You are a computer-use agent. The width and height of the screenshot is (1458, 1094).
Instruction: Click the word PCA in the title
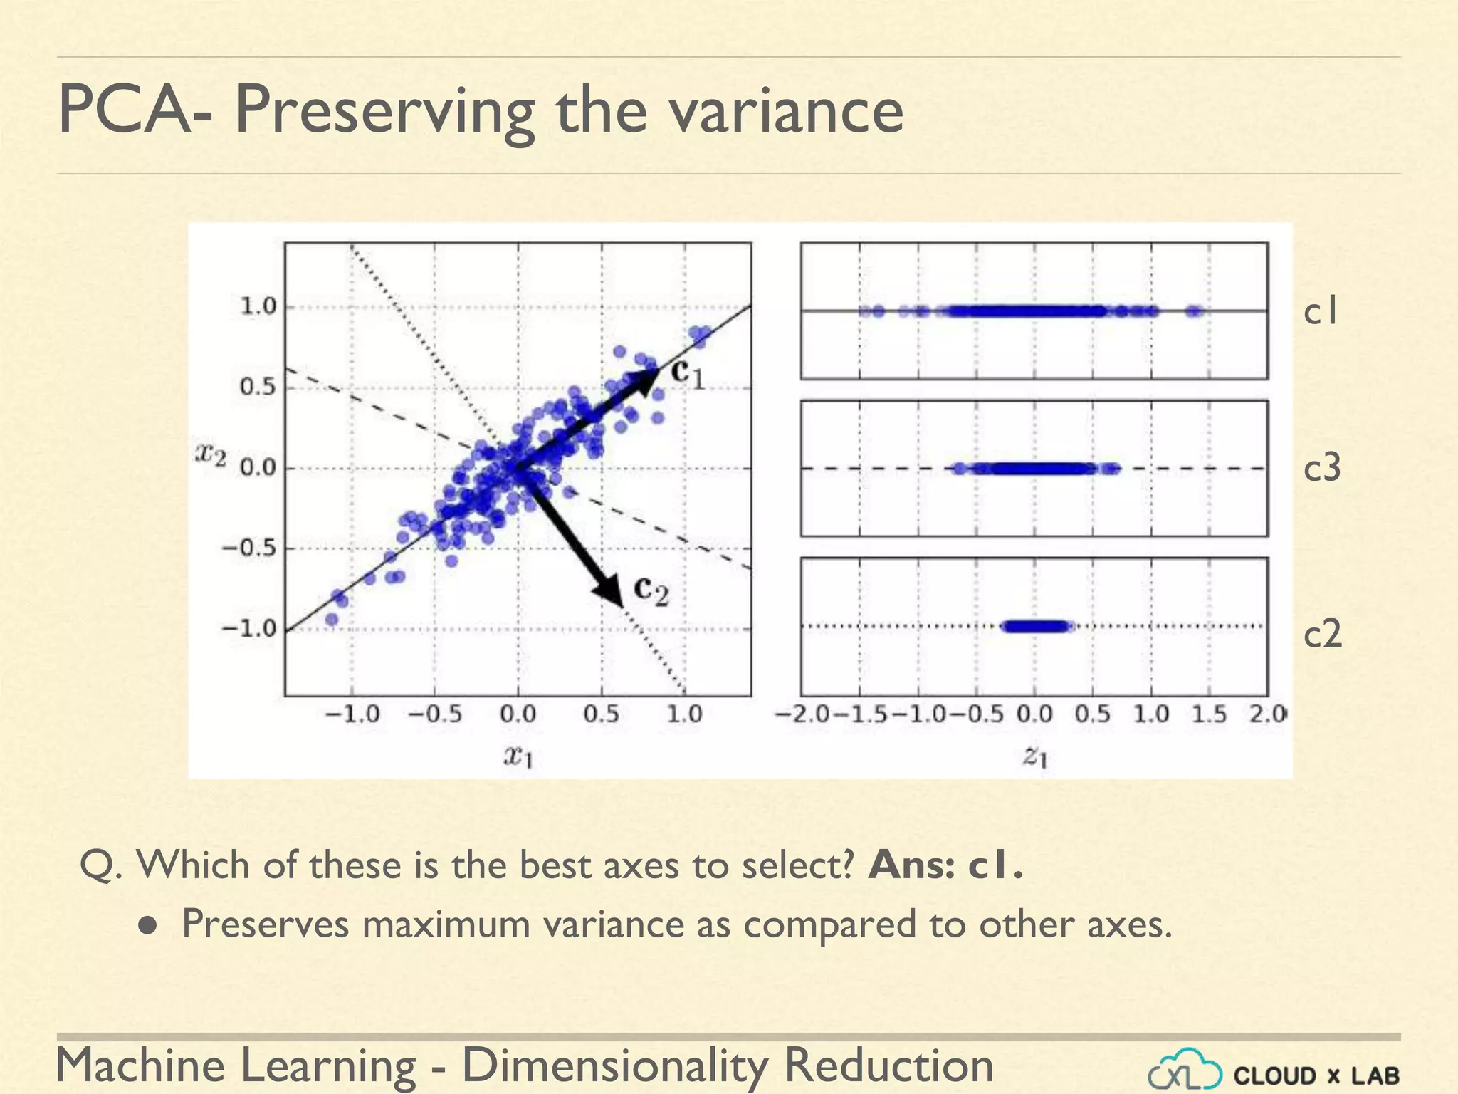pos(124,110)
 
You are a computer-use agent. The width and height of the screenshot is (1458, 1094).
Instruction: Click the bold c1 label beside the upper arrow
pos(688,373)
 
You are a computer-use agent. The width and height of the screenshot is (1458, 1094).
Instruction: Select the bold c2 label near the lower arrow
pos(651,590)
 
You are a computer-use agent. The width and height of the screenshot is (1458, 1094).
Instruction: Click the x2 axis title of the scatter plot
pos(211,454)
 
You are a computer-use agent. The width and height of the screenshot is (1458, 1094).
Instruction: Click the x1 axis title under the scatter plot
pos(518,756)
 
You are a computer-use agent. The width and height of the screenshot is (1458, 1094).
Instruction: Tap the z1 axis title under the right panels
pos(1034,756)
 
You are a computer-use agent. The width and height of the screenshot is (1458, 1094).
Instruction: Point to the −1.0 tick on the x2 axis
pos(248,629)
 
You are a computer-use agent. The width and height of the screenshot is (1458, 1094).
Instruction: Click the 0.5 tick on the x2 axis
pos(257,387)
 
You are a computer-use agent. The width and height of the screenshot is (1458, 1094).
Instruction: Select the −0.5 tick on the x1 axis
pos(434,714)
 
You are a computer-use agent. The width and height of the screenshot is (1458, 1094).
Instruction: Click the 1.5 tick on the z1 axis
pos(1210,714)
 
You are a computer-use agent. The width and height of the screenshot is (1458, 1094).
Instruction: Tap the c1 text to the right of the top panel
pos(1321,312)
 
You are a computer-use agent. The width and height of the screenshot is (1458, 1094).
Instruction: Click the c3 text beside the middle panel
pos(1322,469)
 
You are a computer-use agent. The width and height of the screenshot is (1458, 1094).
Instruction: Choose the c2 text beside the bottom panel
pos(1322,633)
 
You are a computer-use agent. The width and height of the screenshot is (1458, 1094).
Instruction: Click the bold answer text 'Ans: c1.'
pos(945,865)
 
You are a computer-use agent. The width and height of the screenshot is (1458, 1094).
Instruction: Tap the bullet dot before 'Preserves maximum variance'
pos(148,925)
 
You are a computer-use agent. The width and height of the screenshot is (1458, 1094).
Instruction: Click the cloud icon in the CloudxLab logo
pos(1185,1070)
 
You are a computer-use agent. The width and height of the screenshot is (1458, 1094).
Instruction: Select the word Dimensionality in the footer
pos(615,1066)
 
